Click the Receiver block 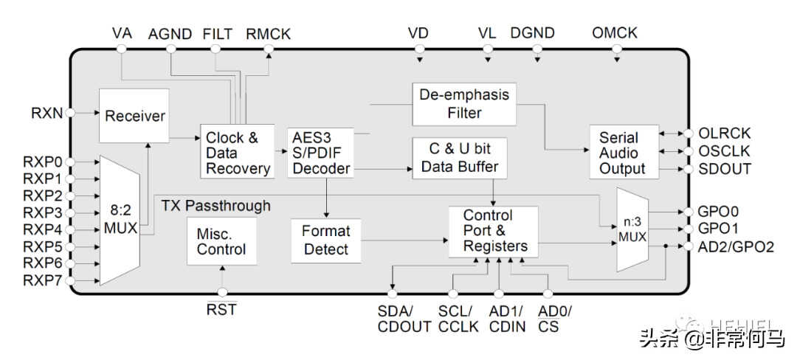tap(134, 116)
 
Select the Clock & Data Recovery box tap(238, 151)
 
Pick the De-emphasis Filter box tap(464, 104)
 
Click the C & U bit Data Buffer tap(460, 158)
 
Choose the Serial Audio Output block tap(624, 152)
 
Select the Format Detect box tap(326, 240)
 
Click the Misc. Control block tap(221, 241)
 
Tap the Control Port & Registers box tap(493, 232)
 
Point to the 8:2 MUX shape tap(120, 221)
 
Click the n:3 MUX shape tap(632, 229)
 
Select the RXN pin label tap(47, 113)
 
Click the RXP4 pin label tap(43, 229)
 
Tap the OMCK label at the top tap(615, 33)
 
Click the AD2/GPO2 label tap(736, 247)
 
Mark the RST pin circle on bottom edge tap(222, 292)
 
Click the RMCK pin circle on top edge tap(269, 49)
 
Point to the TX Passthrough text tap(216, 206)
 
